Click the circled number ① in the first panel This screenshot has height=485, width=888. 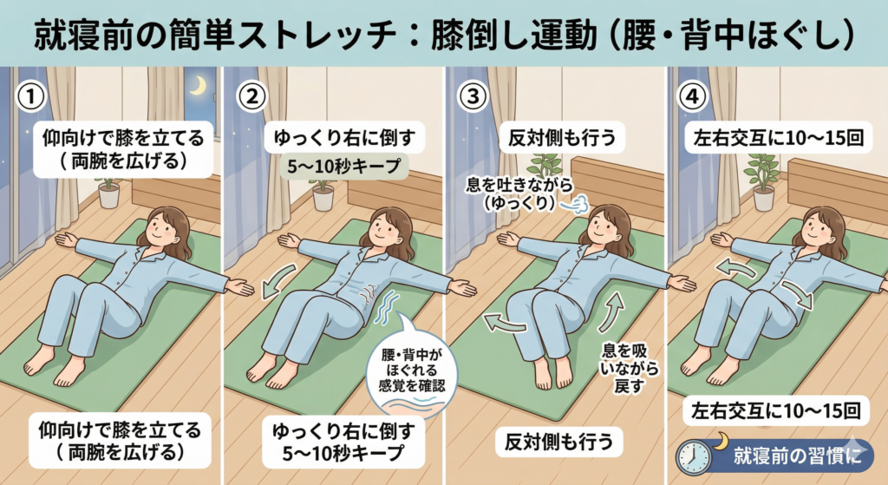30,96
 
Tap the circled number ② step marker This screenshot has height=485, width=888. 251,96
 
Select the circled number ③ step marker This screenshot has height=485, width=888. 473,96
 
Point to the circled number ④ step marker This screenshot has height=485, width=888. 692,96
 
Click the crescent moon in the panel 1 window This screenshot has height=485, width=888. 198,86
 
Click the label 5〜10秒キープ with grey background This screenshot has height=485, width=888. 343,166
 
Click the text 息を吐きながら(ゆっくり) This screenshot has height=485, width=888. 519,193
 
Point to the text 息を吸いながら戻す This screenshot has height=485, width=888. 629,368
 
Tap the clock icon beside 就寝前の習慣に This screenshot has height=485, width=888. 694,457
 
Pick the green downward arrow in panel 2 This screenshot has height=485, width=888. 277,282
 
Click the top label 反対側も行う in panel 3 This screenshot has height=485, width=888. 561,138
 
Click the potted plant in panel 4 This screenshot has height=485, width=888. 761,181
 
